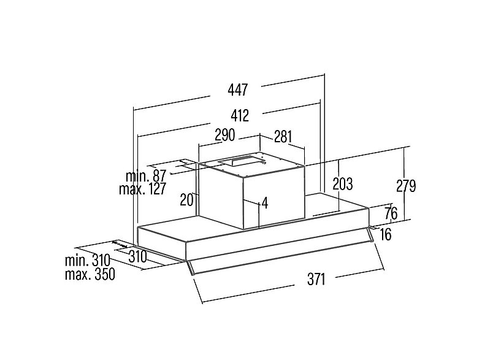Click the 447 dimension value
[x=238, y=90]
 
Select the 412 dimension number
[x=239, y=115]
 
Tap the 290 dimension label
[x=224, y=135]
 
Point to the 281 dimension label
[x=283, y=137]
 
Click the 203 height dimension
[x=342, y=184]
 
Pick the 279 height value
[x=406, y=186]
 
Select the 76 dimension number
[x=391, y=213]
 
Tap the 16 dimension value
[x=386, y=234]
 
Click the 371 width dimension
[x=316, y=280]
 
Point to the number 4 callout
[x=264, y=203]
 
